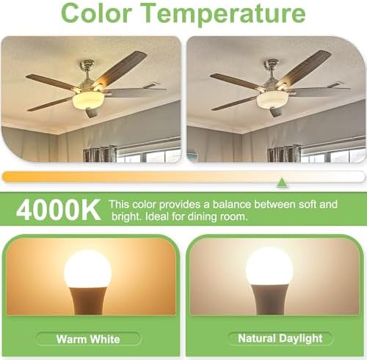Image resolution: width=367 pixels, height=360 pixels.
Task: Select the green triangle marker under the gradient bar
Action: coord(282,181)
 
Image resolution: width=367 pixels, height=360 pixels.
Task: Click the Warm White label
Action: coord(88,339)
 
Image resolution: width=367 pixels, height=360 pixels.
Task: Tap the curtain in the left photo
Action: coord(99,154)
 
